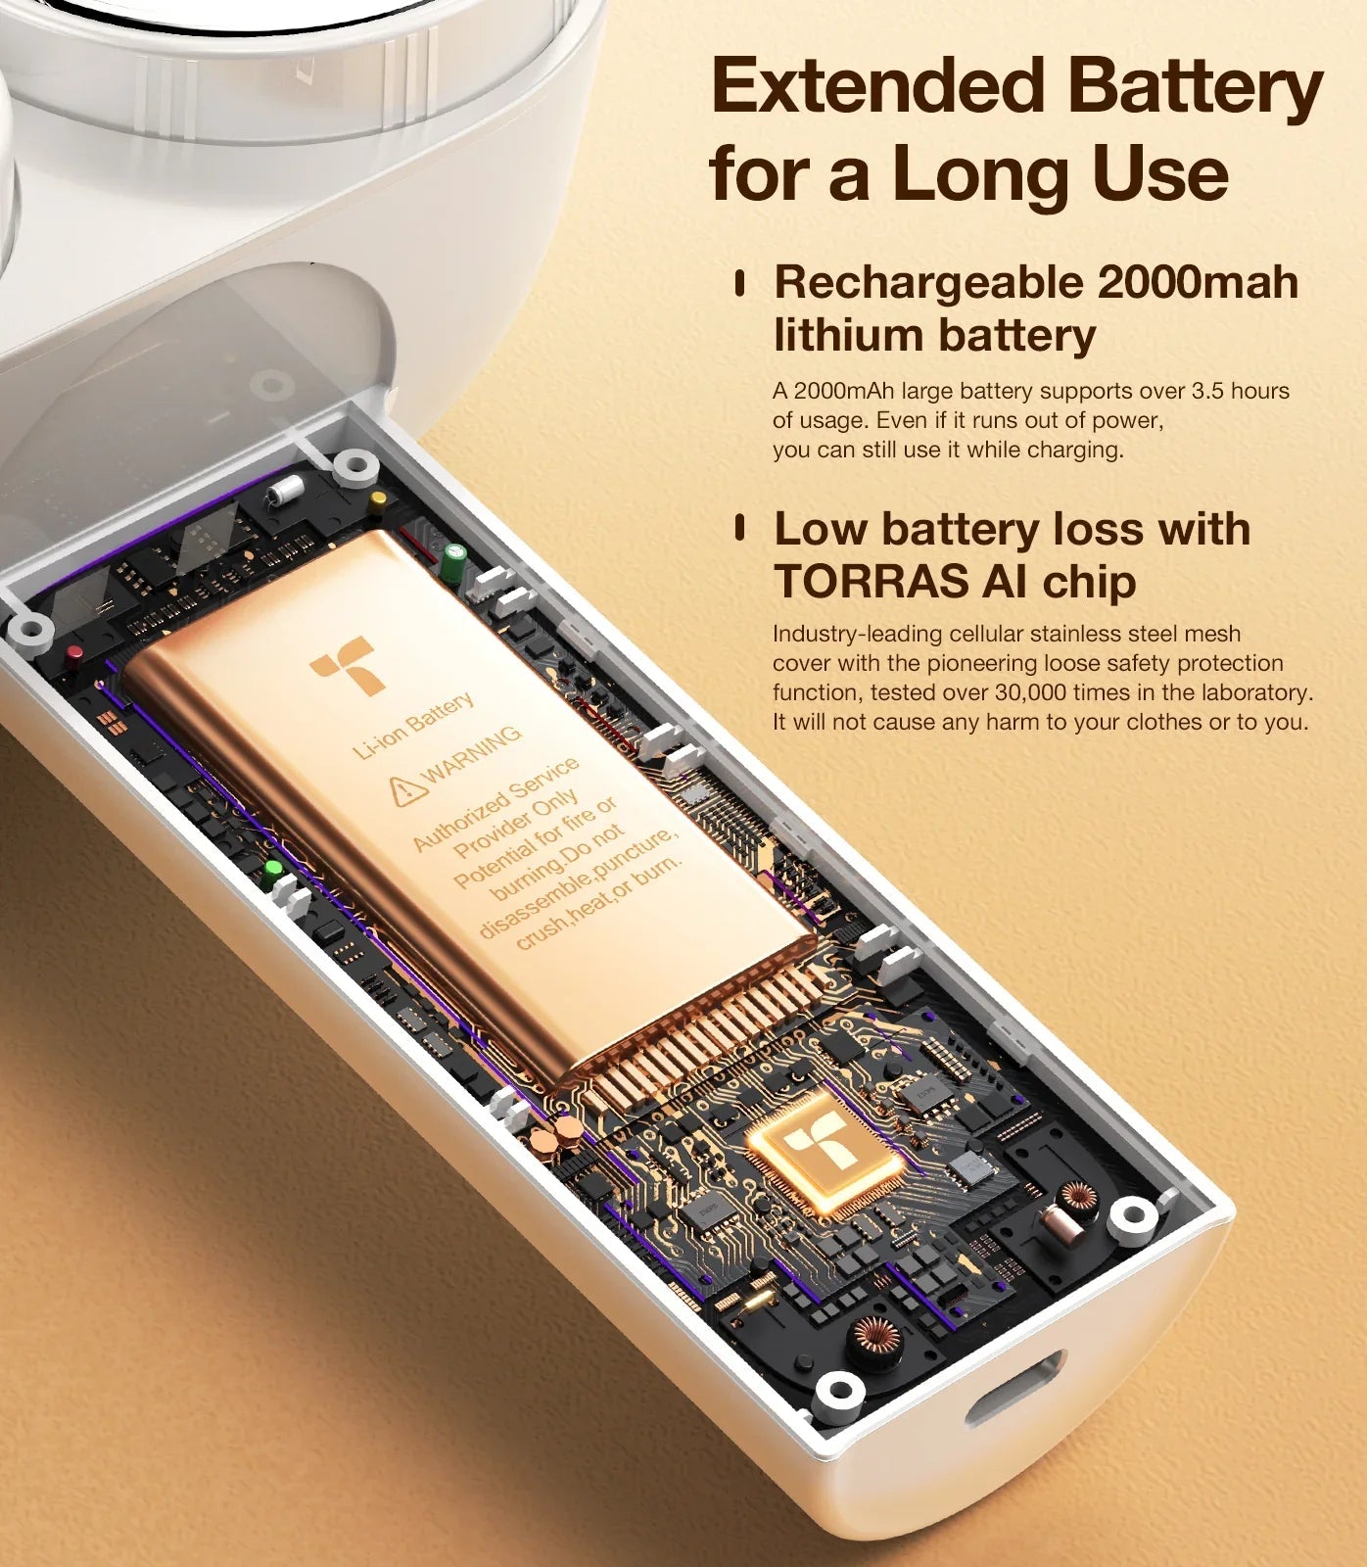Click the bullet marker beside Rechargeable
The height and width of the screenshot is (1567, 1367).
tap(740, 284)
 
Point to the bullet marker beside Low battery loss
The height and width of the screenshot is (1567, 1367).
tap(740, 529)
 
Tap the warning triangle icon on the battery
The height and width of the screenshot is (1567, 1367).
tap(406, 789)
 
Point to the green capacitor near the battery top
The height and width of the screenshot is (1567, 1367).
tap(453, 564)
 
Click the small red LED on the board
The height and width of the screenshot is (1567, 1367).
tap(74, 653)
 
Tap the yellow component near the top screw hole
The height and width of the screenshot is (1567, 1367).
tap(378, 500)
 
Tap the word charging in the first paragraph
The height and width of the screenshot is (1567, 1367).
tap(1077, 451)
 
